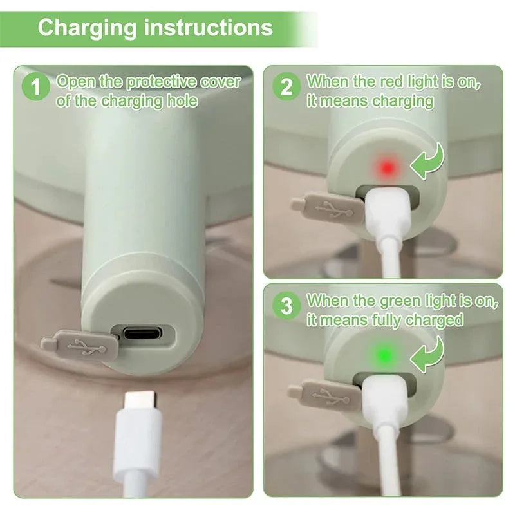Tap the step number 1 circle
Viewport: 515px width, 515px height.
point(35,88)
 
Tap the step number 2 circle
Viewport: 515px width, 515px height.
point(286,87)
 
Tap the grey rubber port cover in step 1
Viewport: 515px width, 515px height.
point(80,346)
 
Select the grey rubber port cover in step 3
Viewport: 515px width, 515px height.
point(325,394)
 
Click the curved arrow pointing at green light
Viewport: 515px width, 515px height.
point(429,356)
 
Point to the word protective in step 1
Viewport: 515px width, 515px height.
point(160,82)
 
